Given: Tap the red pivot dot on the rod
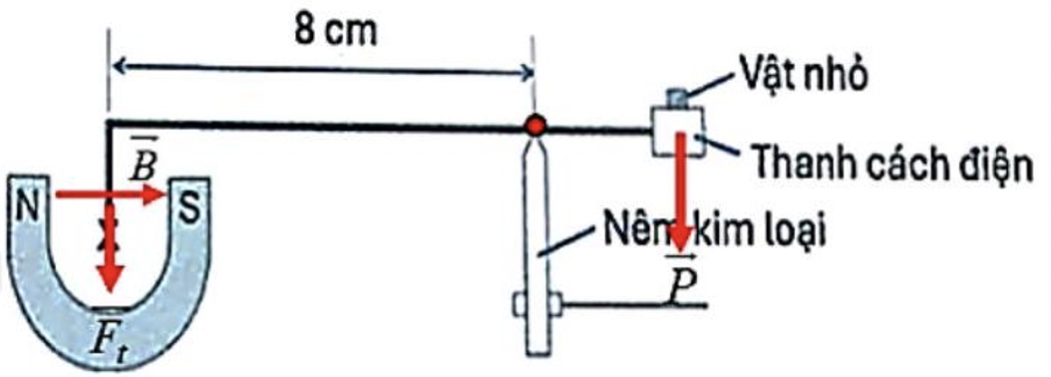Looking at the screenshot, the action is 536,126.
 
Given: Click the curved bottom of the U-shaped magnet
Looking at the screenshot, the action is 109,329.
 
